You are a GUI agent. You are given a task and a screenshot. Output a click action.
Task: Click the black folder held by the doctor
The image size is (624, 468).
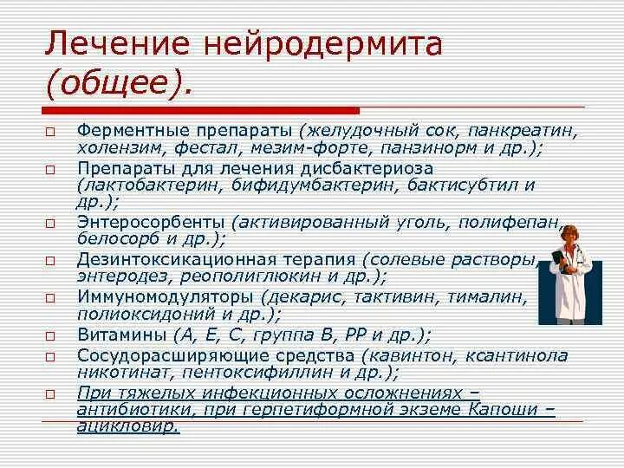point(561,268)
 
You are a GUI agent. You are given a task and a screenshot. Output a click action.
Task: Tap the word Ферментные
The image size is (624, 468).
point(133,131)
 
